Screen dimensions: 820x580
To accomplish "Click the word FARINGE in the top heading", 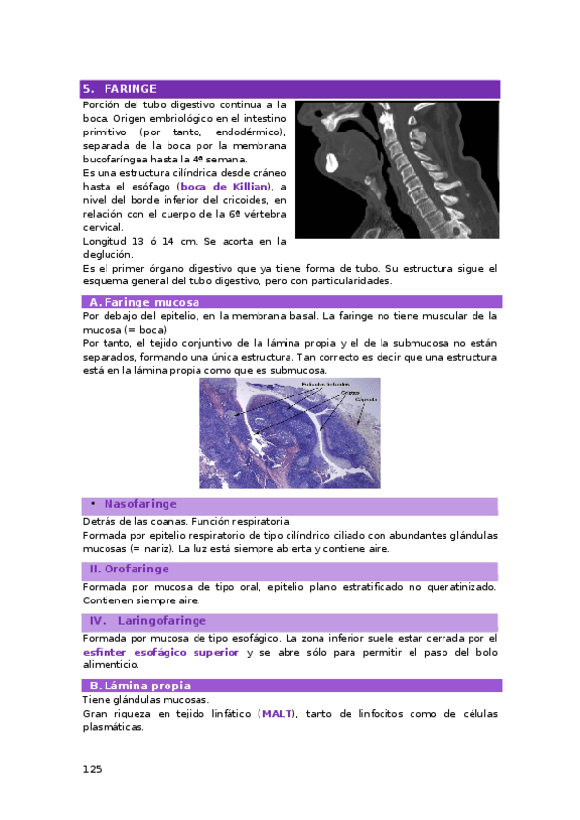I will tap(130, 89).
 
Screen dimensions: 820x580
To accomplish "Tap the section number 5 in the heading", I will tap(88, 89).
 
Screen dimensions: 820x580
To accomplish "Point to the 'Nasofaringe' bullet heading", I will tap(140, 505).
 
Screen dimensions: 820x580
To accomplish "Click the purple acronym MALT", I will tap(276, 714).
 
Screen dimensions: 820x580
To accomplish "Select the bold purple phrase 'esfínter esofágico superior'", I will tap(161, 653).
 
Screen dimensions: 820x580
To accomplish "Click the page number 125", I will tap(92, 769).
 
